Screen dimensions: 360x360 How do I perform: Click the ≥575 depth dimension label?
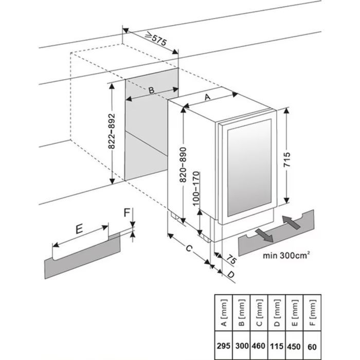(x=155, y=40)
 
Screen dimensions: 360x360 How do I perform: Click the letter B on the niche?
(x=151, y=91)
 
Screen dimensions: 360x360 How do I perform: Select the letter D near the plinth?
(x=231, y=275)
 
